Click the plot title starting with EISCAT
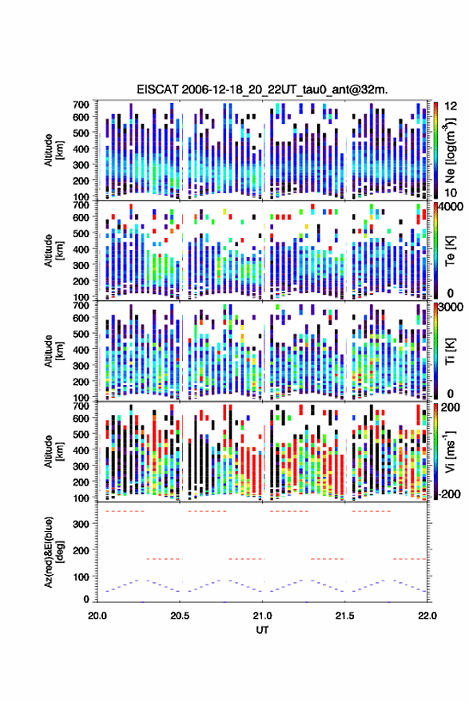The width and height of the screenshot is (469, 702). point(262,89)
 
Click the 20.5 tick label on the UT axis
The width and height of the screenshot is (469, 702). point(180,616)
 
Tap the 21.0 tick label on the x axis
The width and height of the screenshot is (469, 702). point(262,616)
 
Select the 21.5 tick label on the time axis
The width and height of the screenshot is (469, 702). point(344,616)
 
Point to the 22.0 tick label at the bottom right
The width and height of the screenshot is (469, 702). point(427,616)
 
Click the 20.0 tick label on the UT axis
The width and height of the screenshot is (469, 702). point(97,616)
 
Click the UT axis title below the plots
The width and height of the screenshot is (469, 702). point(262,630)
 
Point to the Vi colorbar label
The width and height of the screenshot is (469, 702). point(451,451)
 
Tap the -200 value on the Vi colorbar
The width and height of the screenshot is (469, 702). point(449,494)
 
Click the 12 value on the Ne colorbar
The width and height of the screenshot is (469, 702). point(451,106)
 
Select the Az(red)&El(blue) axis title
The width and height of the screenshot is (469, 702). point(53,552)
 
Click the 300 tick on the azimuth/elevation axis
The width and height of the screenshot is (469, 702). point(81,524)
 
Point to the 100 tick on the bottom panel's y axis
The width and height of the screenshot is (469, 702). point(81,577)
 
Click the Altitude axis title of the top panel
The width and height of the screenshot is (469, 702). point(53,150)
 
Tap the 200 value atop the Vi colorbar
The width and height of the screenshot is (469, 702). point(451,407)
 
